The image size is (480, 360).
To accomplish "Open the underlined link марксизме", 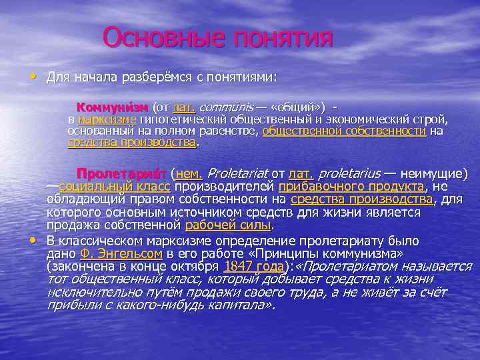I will [x=106, y=119].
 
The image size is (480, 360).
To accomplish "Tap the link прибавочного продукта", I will [x=351, y=186].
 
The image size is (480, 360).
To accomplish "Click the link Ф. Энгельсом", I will [x=121, y=253].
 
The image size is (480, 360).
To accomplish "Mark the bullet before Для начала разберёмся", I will [x=34, y=77].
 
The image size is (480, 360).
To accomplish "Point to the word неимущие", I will [x=433, y=173].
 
